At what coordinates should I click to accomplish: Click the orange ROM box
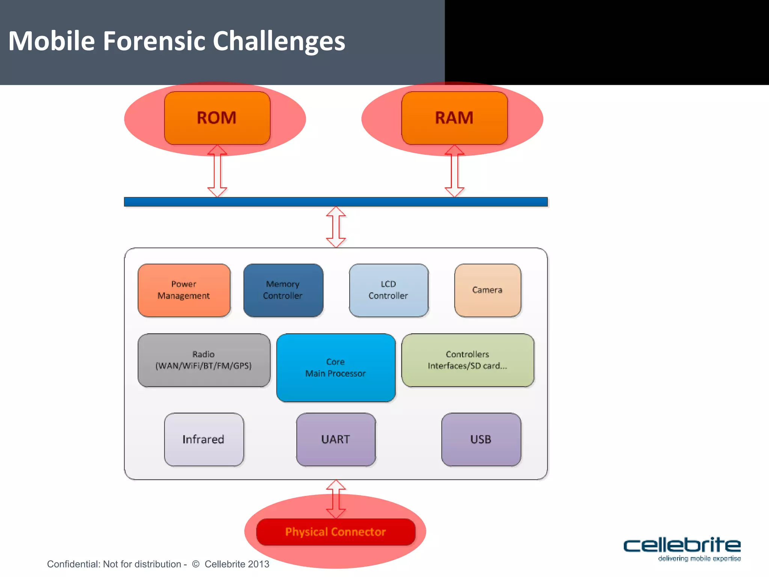217,118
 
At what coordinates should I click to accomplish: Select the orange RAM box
454,118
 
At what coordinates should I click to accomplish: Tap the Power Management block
184,290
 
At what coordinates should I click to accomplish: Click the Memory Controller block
283,290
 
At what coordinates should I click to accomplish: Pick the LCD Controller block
389,290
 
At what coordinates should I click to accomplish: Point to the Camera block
487,290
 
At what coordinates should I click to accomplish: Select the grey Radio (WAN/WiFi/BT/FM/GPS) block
204,360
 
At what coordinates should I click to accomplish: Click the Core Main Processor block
336,367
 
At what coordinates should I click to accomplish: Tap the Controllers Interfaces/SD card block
467,360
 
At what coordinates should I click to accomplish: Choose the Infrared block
204,439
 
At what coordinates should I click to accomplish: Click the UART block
336,439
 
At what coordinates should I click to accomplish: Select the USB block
481,439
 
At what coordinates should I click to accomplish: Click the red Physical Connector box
336,532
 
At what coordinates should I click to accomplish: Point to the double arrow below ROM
217,171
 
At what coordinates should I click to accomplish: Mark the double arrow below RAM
454,171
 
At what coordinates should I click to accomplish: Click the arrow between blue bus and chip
336,227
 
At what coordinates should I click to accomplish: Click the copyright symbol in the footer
196,564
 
